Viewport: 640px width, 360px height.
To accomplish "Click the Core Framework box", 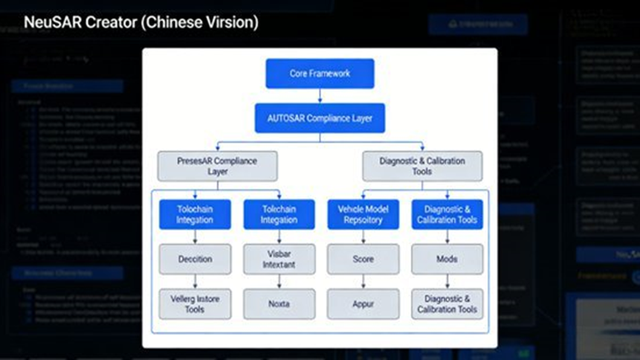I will click(320, 74).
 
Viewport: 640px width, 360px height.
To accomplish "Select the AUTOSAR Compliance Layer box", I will click(320, 118).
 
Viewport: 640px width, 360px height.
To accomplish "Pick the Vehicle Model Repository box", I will click(363, 214).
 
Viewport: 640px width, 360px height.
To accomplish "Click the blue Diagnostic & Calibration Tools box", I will click(447, 214).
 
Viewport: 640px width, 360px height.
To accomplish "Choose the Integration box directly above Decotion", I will click(195, 214).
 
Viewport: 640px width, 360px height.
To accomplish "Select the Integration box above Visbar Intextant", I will click(279, 214).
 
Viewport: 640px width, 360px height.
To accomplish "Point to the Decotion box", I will click(195, 259).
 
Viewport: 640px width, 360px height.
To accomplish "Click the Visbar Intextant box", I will click(279, 259).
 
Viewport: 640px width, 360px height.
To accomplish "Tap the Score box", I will click(363, 259).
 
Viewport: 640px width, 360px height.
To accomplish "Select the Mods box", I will click(447, 259).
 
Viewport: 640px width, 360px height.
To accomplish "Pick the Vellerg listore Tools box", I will click(195, 303).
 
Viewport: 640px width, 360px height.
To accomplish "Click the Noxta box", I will click(279, 303).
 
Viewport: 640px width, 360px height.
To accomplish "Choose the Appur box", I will click(363, 303).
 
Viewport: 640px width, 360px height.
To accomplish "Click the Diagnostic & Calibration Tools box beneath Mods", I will click(447, 303).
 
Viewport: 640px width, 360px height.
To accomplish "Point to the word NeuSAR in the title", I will click(51, 23).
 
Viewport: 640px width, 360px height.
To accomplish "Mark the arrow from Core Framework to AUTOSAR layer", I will click(320, 95).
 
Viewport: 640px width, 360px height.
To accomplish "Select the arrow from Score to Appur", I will click(363, 281).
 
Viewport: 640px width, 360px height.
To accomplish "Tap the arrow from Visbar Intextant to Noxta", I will click(279, 281).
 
